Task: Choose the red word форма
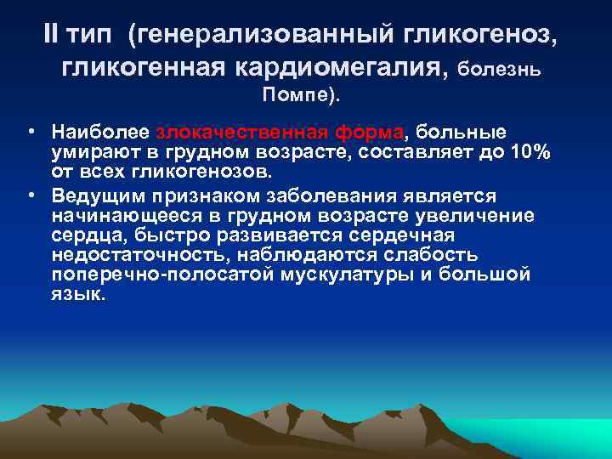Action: coord(366,133)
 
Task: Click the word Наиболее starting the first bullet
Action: coord(101,133)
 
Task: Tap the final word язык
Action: coord(78,296)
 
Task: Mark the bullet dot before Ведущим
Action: coord(30,195)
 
